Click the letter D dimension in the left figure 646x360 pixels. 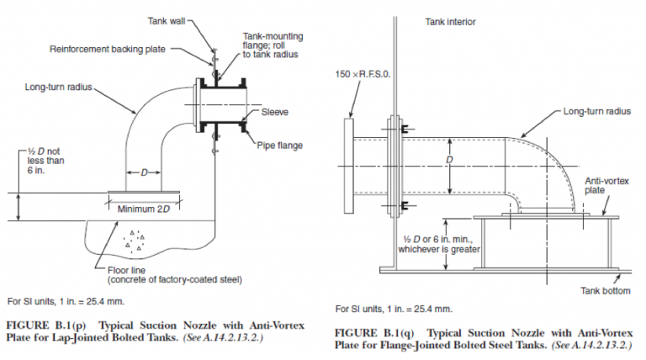(x=144, y=172)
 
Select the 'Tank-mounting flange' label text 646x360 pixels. (x=273, y=46)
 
